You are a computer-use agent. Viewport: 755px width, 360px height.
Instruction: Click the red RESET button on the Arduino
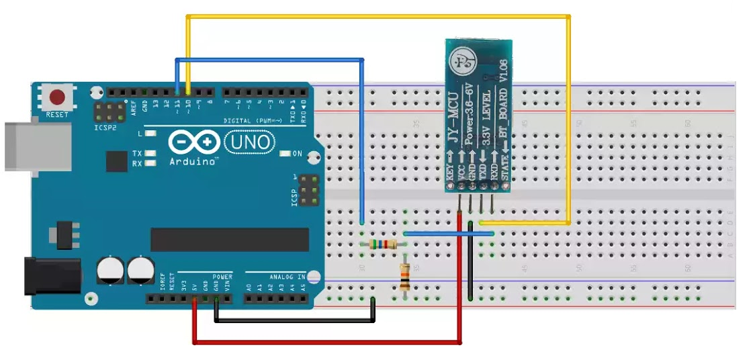click(x=57, y=96)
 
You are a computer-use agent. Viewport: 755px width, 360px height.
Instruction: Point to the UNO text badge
click(x=249, y=142)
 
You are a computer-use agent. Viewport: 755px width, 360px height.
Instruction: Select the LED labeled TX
click(x=150, y=154)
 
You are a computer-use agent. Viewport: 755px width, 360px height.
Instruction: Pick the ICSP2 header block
click(x=109, y=111)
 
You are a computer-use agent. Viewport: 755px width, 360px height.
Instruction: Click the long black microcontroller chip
click(x=229, y=240)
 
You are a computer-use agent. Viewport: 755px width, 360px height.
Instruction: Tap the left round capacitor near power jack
click(x=109, y=270)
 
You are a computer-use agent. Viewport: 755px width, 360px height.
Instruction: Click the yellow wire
click(x=376, y=16)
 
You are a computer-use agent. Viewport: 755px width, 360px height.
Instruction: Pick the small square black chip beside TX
click(x=116, y=161)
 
